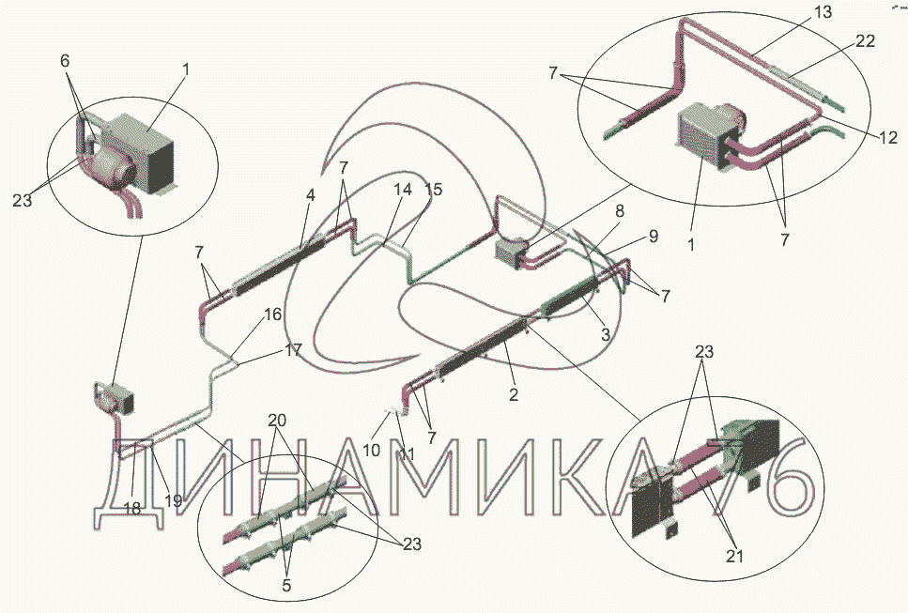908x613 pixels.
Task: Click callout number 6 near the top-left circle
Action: pos(64,60)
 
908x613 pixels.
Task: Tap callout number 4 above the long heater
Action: pos(311,195)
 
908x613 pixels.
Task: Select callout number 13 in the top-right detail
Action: pos(823,11)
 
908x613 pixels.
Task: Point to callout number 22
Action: pos(865,41)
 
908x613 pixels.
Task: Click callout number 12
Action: pos(887,137)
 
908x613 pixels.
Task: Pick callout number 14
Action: pos(403,190)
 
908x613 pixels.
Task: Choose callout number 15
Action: pos(433,190)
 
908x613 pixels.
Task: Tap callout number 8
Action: pos(620,211)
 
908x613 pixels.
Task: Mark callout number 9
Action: pos(654,237)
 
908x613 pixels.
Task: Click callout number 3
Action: pos(606,334)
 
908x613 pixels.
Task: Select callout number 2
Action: pos(513,395)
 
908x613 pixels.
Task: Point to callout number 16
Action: pos(272,314)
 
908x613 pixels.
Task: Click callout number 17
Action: pos(293,350)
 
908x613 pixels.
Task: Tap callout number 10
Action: pos(372,449)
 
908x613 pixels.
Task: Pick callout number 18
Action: pos(132,508)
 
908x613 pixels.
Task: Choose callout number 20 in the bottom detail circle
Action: pos(277,421)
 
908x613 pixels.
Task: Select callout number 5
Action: pos(286,585)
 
